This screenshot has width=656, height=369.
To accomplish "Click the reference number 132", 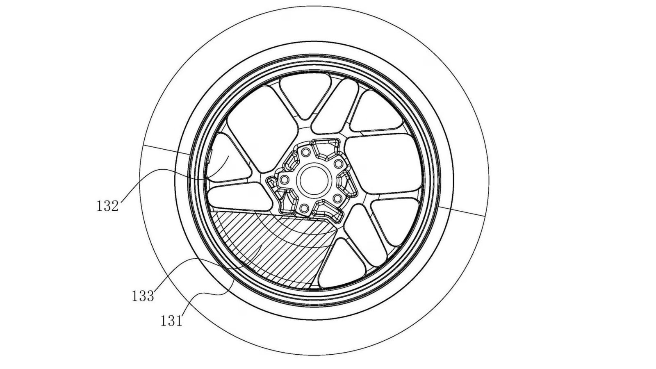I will [107, 206].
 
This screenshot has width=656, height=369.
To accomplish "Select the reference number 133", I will [143, 296].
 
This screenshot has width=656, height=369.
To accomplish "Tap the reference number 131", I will [171, 320].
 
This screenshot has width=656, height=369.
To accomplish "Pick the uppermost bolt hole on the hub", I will [305, 153].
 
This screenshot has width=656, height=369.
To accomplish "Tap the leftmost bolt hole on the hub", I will [282, 179].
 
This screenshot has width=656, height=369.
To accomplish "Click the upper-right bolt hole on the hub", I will [338, 164].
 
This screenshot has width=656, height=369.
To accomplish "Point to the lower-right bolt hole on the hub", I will [337, 198].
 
